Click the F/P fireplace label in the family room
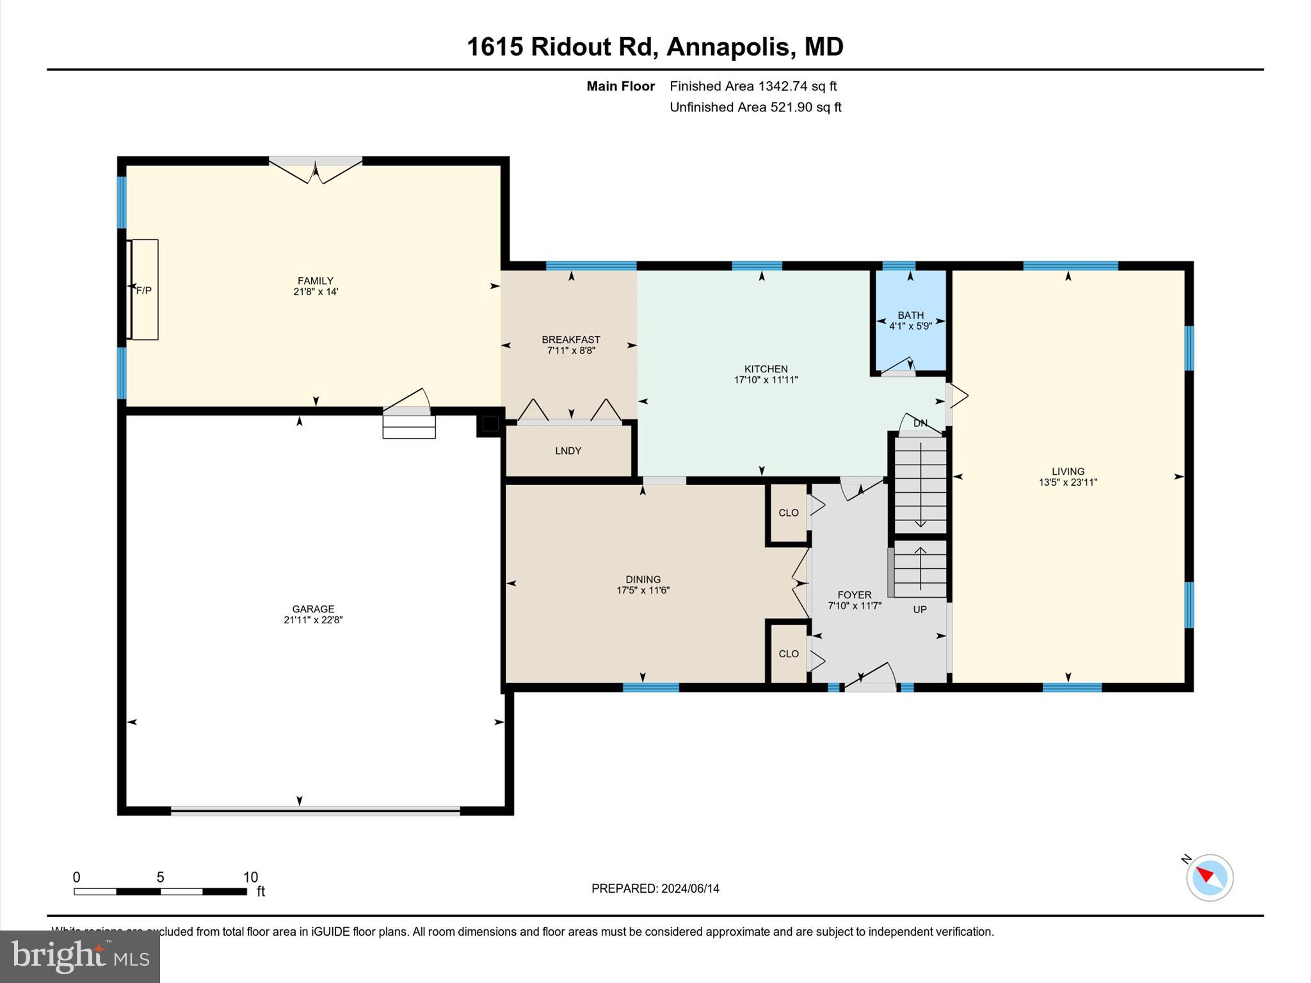[x=144, y=291]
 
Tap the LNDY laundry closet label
[x=568, y=451]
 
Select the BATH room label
[x=910, y=315]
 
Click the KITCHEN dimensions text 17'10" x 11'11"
[x=766, y=380]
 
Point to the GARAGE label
[x=313, y=609]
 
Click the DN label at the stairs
[x=920, y=423]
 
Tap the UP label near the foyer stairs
[x=919, y=609]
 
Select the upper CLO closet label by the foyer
[x=788, y=513]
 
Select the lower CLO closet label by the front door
[x=788, y=653]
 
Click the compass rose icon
[x=1209, y=877]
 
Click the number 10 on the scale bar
[x=250, y=877]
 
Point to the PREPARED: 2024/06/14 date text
[x=655, y=888]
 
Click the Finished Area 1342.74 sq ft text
[x=753, y=86]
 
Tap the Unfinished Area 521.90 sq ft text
[x=755, y=107]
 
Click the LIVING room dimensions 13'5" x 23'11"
[x=1068, y=483]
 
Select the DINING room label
[x=643, y=579]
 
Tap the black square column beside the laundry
[x=490, y=424]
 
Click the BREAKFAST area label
[x=570, y=339]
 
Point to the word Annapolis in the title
[x=728, y=47]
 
